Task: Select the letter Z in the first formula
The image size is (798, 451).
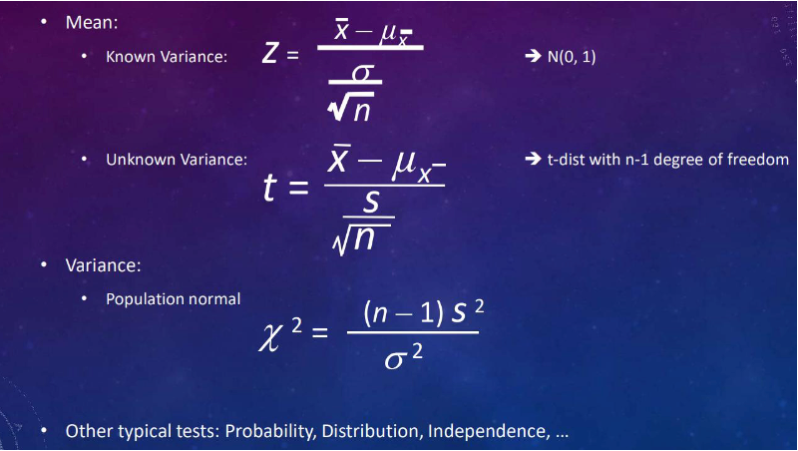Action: [270, 53]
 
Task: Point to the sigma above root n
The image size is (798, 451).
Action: [363, 73]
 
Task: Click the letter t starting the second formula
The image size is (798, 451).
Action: [270, 187]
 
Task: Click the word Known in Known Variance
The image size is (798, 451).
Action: [129, 57]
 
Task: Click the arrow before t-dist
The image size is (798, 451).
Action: [533, 160]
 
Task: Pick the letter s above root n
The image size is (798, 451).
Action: [371, 203]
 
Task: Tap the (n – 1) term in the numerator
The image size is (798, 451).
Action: [404, 312]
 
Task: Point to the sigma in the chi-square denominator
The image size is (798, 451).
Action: [396, 360]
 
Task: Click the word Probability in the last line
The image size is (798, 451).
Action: [270, 432]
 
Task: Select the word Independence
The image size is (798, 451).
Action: [489, 431]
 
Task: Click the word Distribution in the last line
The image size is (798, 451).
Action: [372, 431]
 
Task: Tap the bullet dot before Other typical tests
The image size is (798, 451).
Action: [44, 431]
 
